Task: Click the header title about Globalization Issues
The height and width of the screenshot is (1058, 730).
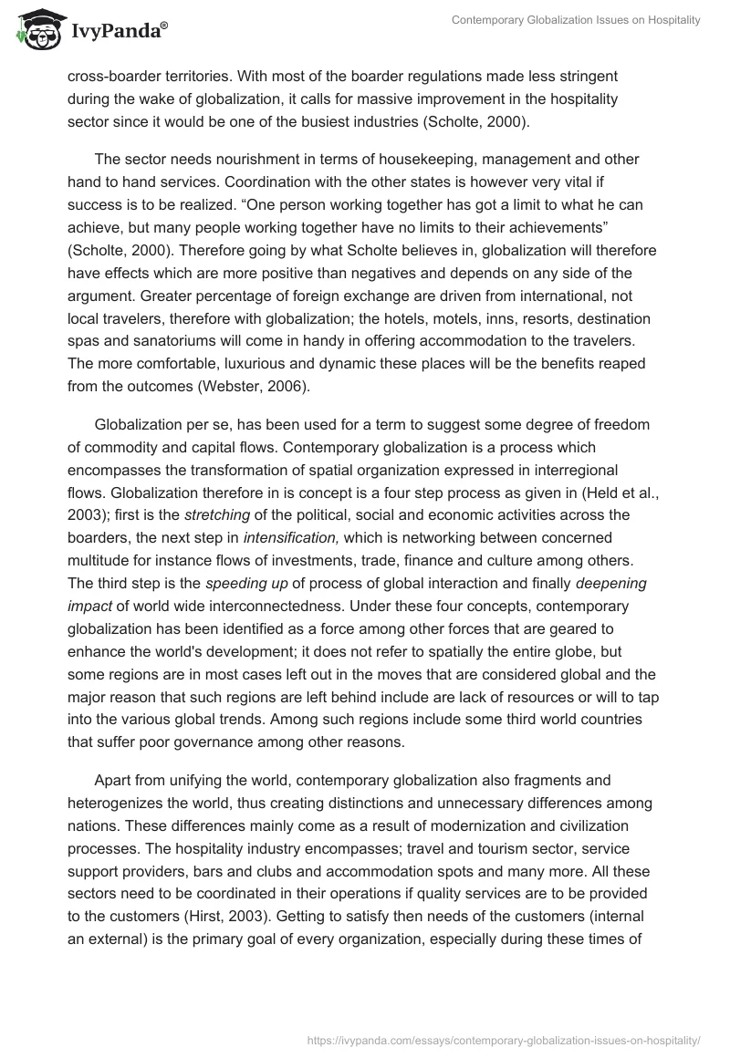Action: coord(576,20)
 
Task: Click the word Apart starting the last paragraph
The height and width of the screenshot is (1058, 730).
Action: coord(113,781)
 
